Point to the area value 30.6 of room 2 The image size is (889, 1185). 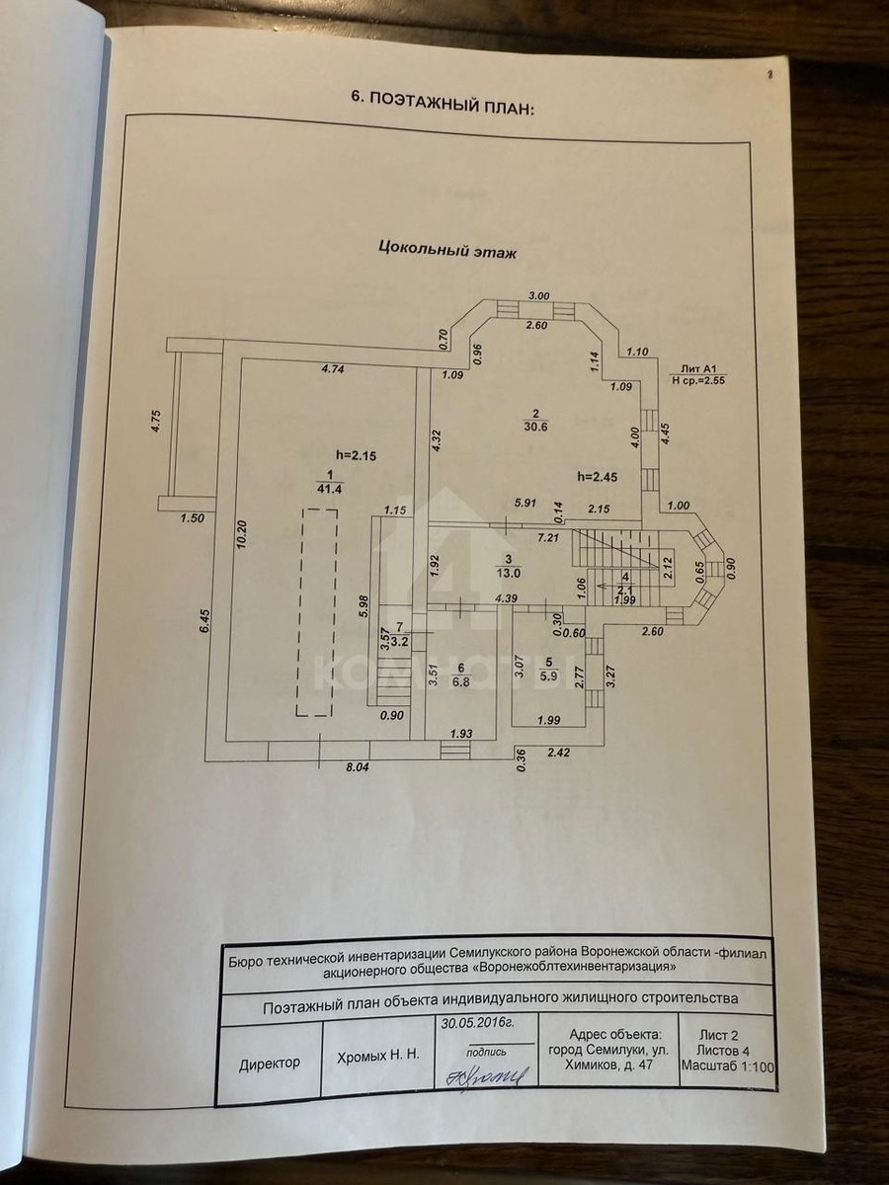click(534, 428)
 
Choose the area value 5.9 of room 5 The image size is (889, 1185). click(548, 675)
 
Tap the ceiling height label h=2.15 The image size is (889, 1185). click(358, 455)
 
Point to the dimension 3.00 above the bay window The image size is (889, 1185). click(538, 295)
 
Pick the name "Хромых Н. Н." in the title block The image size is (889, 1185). click(379, 1055)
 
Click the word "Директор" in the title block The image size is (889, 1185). click(270, 1065)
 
